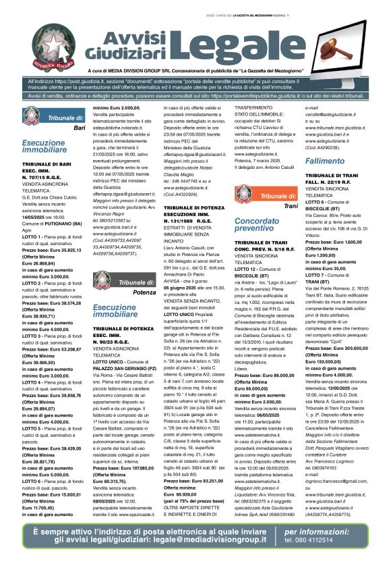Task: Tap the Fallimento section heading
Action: [x=324, y=161]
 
